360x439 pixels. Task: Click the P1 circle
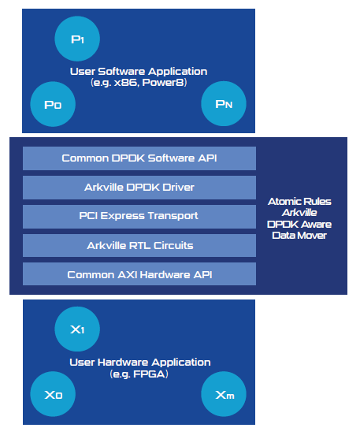click(77, 39)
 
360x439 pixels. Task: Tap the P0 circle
click(53, 104)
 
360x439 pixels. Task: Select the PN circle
click(224, 103)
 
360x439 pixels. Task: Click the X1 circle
click(77, 329)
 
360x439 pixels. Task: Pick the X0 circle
click(53, 394)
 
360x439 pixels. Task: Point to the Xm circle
click(224, 394)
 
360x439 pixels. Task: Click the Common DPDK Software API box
click(139, 158)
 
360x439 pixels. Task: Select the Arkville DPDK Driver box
click(139, 188)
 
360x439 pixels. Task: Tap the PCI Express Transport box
click(139, 217)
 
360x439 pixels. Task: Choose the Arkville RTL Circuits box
click(139, 246)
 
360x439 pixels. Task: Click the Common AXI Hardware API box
click(139, 274)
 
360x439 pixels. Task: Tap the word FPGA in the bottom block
click(150, 374)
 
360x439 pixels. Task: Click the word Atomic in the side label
click(284, 202)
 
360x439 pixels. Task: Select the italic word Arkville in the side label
click(299, 213)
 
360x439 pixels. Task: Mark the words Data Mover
click(299, 236)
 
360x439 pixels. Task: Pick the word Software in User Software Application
click(121, 72)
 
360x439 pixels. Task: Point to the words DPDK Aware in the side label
click(299, 225)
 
